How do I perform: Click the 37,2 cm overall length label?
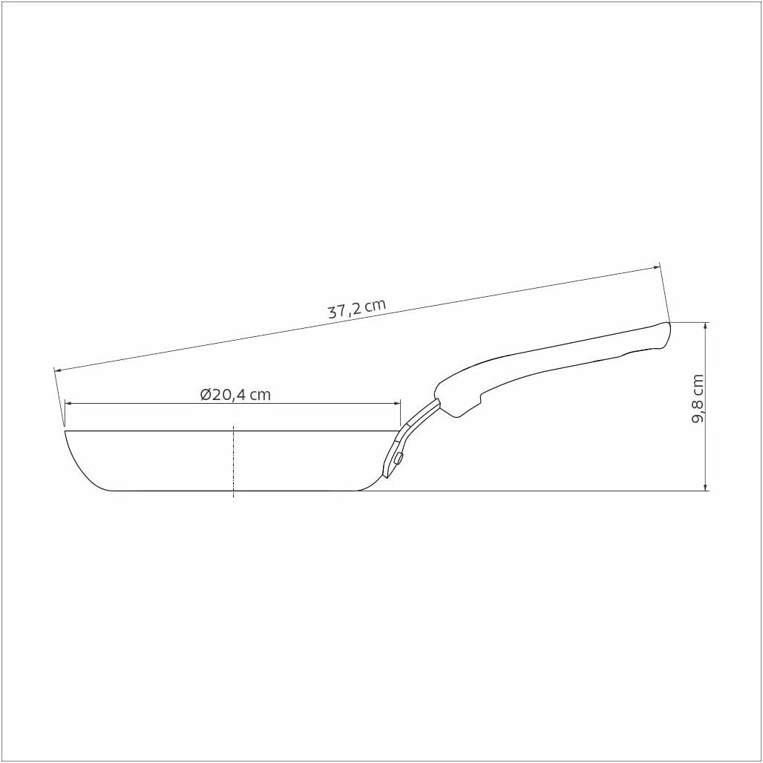pos(357,309)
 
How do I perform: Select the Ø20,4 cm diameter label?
pos(235,394)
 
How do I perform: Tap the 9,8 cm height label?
pos(697,399)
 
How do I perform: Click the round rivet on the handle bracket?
pos(399,458)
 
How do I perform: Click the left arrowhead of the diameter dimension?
pos(68,404)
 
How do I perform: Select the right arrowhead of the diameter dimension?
pos(396,404)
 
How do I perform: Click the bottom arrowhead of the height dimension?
pos(706,487)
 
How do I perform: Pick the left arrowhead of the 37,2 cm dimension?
pos(58,370)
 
